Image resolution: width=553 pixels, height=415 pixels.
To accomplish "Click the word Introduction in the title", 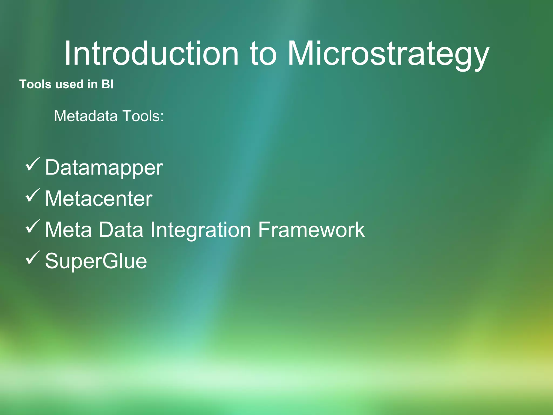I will point(151,53).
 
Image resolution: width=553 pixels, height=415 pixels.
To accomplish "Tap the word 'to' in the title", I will point(263,53).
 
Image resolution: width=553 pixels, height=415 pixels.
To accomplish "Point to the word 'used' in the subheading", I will point(69,84).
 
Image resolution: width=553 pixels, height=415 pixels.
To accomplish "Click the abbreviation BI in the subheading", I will point(107,84).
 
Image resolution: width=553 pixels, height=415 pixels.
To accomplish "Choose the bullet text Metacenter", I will point(99,199).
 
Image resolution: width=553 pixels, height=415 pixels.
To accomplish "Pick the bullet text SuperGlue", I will point(96,261).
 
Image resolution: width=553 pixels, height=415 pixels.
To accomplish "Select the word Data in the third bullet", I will point(121,230).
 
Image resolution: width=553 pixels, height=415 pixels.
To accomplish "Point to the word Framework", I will point(311,230).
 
